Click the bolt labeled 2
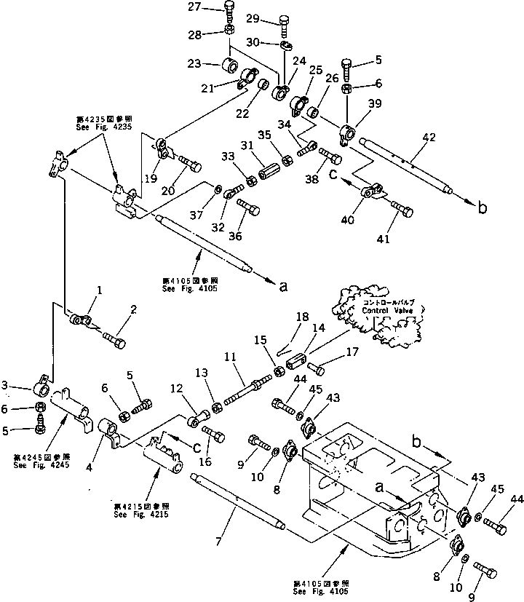115,339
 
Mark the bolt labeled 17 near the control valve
318,367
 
